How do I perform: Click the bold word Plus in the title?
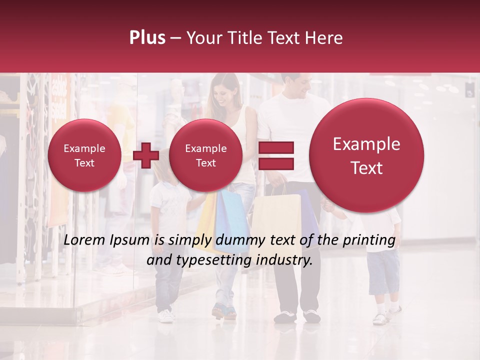point(147,38)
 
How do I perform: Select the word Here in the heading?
point(324,38)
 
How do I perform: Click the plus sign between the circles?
point(146,155)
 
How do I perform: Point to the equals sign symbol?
point(275,155)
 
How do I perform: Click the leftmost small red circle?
point(84,155)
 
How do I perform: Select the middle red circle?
point(205,155)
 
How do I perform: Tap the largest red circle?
point(366,155)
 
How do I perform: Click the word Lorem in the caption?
point(82,240)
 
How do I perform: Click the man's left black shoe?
point(284,316)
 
